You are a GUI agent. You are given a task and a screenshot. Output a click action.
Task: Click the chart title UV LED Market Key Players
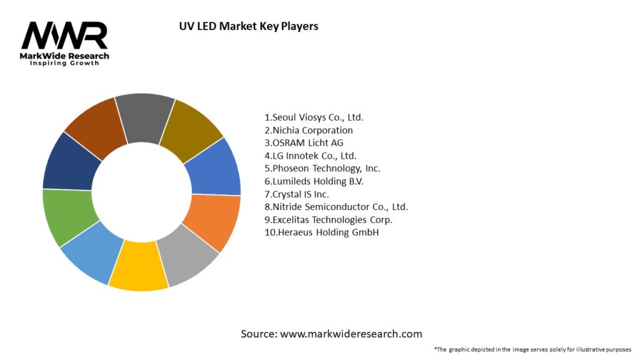click(x=248, y=26)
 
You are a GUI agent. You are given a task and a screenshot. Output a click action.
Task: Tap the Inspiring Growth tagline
click(x=64, y=64)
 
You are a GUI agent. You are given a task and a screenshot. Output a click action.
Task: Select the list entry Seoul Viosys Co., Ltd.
click(x=314, y=117)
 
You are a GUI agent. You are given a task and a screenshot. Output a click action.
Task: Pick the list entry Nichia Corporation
click(x=309, y=130)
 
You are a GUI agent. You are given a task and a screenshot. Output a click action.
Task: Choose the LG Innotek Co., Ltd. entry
click(x=311, y=156)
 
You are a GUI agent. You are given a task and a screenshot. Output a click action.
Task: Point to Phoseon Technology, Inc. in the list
click(x=322, y=168)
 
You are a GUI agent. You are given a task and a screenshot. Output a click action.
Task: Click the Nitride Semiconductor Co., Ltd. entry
click(x=336, y=207)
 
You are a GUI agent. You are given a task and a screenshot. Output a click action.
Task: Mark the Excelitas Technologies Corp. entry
click(x=329, y=220)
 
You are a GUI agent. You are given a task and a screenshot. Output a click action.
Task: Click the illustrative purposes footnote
click(x=532, y=349)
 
